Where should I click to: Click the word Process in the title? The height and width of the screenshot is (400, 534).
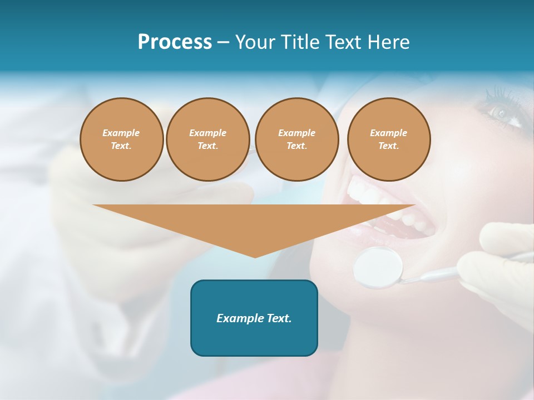pyautogui.click(x=175, y=42)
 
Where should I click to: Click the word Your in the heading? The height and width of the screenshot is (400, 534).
pyautogui.click(x=255, y=42)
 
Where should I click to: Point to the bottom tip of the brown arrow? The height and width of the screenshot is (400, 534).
pyautogui.click(x=255, y=257)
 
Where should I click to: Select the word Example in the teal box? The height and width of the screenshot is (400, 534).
pyautogui.click(x=236, y=318)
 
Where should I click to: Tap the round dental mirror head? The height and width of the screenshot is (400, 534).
pyautogui.click(x=378, y=267)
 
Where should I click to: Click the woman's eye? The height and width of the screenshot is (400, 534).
pyautogui.click(x=501, y=113)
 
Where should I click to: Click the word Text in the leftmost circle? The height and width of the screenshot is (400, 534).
pyautogui.click(x=121, y=146)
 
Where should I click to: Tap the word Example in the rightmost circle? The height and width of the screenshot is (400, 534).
pyautogui.click(x=389, y=133)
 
